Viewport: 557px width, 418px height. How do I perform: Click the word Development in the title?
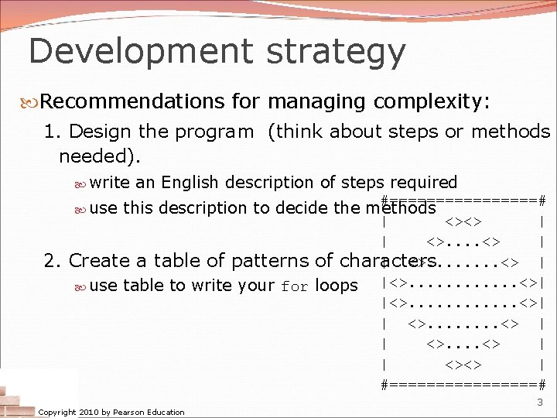138,51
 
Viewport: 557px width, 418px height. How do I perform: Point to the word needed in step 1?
97,157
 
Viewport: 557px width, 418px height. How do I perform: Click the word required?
423,183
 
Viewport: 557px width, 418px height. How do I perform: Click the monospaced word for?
294,286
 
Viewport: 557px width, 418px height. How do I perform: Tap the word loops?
337,286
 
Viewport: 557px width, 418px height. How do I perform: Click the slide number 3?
540,402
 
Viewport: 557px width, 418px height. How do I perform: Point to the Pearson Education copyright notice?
111,412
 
